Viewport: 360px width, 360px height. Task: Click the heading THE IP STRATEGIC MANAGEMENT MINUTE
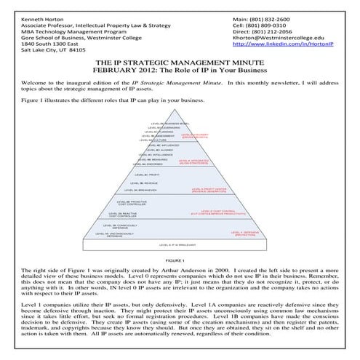pos(180,63)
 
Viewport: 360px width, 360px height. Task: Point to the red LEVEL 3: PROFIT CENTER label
pos(211,191)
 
